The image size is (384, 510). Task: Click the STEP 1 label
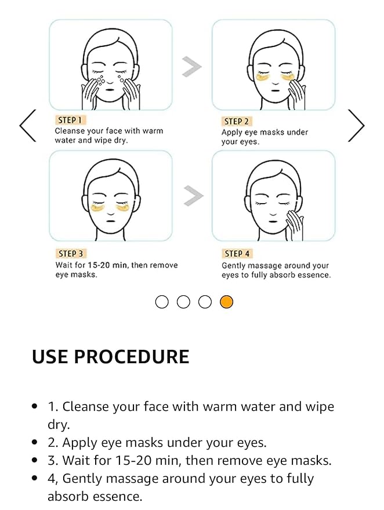click(x=70, y=120)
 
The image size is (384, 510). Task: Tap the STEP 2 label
click(x=236, y=121)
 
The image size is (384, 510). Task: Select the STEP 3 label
click(x=71, y=254)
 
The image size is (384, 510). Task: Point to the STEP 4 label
click(x=236, y=254)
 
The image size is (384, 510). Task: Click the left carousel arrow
click(x=27, y=125)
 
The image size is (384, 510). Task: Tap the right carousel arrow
click(x=356, y=125)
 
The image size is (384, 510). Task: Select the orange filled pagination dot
click(x=226, y=302)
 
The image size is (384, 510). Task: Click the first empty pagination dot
click(x=162, y=302)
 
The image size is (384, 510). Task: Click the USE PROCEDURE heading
click(x=110, y=357)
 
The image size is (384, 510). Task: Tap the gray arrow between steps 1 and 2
click(x=191, y=67)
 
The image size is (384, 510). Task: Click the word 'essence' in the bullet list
click(x=115, y=497)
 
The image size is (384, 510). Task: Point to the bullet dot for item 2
click(x=35, y=443)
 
